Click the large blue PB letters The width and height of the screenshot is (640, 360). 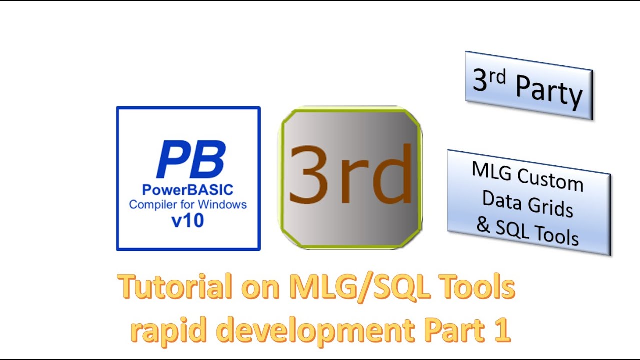coord(190,159)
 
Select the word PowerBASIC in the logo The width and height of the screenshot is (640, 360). coord(188,191)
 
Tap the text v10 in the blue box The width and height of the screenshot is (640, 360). coord(188,220)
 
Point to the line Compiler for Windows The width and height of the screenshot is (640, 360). coord(188,205)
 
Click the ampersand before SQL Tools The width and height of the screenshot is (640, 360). coord(483,225)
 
